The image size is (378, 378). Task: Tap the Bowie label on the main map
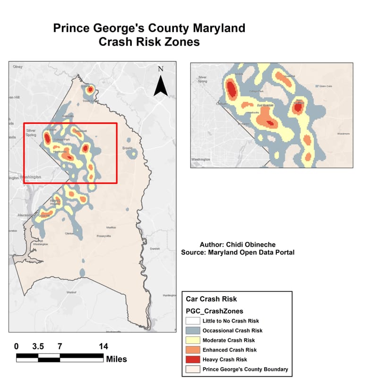128,148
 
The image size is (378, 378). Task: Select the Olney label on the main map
18,67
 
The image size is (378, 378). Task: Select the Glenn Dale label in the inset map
326,86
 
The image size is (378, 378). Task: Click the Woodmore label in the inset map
343,134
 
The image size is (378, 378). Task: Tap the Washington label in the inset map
200,160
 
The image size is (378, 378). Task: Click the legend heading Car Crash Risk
211,299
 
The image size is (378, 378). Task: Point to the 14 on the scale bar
103,346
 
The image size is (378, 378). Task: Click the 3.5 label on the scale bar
38,346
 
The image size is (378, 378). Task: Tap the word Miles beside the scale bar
116,359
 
